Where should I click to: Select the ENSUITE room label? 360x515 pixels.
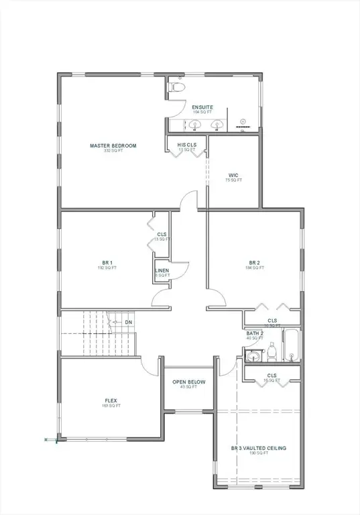click(202, 107)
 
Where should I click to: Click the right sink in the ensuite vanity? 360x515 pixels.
click(217, 125)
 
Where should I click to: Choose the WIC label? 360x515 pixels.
click(233, 175)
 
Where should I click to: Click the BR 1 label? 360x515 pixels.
click(107, 264)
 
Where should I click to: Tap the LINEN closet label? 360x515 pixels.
click(162, 271)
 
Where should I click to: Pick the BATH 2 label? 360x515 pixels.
click(255, 333)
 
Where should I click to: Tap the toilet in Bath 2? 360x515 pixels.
click(272, 351)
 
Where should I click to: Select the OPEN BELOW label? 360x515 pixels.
click(189, 382)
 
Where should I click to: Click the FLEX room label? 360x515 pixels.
click(111, 401)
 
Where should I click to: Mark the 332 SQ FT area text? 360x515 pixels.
click(113, 151)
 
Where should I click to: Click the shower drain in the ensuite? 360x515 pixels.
click(244, 125)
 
